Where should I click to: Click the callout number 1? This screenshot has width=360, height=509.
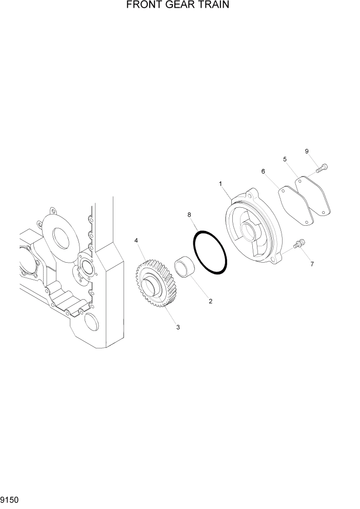[220, 183]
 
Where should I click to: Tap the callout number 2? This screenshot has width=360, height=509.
[210, 301]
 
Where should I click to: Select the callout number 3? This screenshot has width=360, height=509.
[178, 327]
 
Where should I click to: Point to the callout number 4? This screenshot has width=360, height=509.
[136, 240]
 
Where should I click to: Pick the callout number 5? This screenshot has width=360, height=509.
[285, 159]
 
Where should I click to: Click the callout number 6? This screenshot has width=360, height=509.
[263, 171]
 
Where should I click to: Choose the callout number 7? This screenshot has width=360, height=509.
[312, 264]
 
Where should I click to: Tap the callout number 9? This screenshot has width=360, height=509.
[307, 151]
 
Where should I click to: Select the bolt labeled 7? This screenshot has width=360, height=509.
[299, 245]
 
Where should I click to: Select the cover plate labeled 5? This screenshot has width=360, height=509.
[313, 195]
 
